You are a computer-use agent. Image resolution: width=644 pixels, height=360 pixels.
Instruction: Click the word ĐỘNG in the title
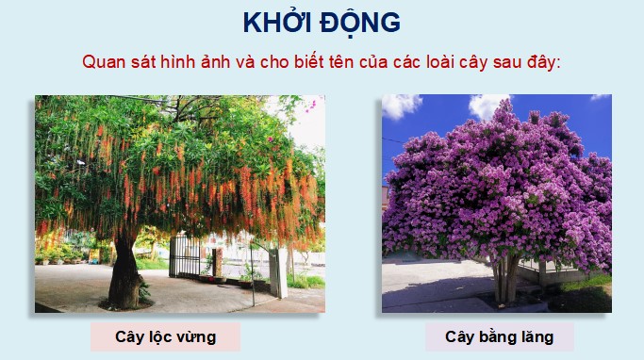[x=360, y=23]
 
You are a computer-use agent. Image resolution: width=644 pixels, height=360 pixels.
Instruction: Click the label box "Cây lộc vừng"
[x=165, y=336]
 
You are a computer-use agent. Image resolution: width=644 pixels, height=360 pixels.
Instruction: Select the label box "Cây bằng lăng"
[x=499, y=336]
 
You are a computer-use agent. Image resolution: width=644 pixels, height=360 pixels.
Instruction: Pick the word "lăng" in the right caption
[x=534, y=336]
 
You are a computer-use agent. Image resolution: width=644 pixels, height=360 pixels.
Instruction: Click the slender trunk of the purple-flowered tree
[x=504, y=273]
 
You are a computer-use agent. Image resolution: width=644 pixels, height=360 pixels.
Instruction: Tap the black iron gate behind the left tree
[x=186, y=256]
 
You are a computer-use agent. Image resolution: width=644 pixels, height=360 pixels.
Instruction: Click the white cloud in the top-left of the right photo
[x=400, y=105]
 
